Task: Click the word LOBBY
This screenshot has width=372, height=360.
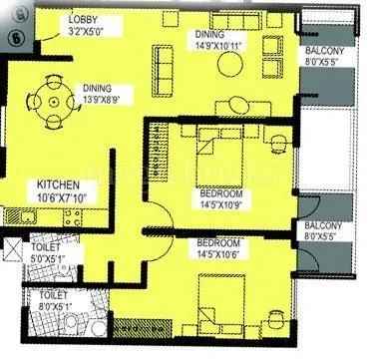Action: tap(82, 21)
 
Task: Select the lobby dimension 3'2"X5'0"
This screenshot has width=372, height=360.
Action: tap(88, 32)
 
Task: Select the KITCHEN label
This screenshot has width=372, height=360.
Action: tap(59, 185)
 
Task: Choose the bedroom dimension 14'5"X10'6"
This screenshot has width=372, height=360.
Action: tap(219, 253)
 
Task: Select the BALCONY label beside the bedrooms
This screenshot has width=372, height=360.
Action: tap(327, 227)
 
